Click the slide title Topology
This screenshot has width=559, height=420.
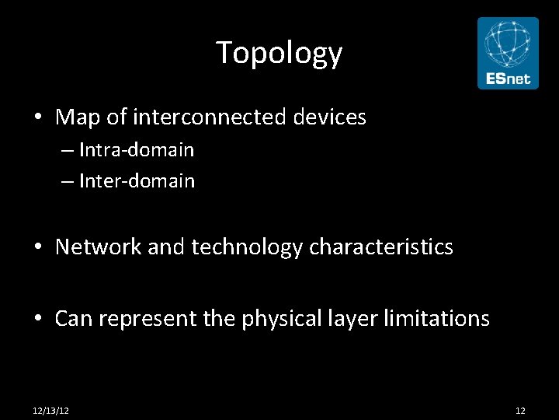click(279, 53)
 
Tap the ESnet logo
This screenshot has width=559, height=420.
click(507, 54)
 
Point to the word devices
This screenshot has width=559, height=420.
click(329, 117)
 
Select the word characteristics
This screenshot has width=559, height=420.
click(380, 247)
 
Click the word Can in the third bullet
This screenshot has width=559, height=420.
click(73, 318)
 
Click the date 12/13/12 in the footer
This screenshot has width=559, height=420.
click(50, 410)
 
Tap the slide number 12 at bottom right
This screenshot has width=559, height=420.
click(520, 410)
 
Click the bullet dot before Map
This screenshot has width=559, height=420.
click(38, 118)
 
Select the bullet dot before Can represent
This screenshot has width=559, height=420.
click(38, 319)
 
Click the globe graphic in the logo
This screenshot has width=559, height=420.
click(507, 44)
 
